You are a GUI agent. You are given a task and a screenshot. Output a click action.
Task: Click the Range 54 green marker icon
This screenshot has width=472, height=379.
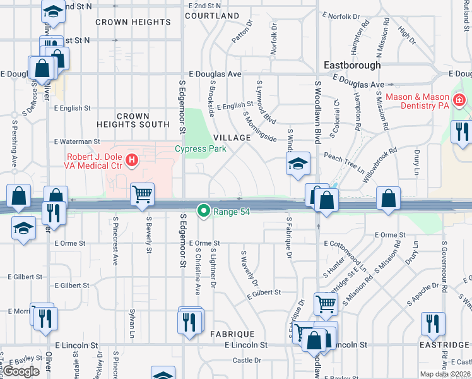(x=203, y=212)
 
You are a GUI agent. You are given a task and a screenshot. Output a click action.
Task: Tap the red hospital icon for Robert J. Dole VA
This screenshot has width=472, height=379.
(x=131, y=161)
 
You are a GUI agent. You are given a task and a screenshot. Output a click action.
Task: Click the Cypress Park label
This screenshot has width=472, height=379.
(x=199, y=149)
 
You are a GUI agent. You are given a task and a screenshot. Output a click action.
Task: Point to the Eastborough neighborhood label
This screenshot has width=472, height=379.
(x=352, y=65)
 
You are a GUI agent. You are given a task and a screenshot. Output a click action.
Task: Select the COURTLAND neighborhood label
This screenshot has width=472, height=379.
(x=213, y=15)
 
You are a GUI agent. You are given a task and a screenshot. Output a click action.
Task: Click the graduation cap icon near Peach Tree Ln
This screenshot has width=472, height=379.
(x=298, y=164)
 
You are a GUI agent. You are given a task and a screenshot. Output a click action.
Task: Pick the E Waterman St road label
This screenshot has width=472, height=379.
(x=77, y=141)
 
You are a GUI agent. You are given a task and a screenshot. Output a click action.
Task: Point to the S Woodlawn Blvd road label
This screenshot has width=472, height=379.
(x=317, y=113)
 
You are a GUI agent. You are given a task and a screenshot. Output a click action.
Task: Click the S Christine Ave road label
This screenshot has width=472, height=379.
(x=198, y=271)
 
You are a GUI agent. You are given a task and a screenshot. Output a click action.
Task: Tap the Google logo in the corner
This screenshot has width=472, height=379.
(x=21, y=371)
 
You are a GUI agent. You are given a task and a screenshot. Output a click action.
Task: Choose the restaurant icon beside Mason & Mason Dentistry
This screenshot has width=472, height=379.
(x=462, y=131)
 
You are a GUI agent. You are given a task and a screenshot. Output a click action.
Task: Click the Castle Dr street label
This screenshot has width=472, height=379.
(x=247, y=360)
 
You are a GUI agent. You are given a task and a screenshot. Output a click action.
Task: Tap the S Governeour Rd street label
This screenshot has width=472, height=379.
(x=444, y=267)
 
